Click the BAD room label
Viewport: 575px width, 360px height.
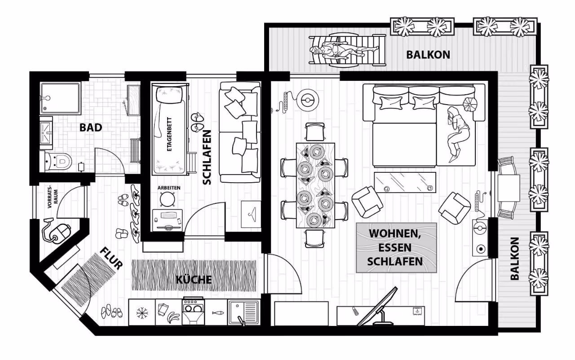91,127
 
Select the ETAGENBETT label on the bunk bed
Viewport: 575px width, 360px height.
169,134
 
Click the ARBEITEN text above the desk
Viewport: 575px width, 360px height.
169,188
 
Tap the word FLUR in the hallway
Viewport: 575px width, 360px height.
111,259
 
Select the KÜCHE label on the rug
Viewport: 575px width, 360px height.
194,280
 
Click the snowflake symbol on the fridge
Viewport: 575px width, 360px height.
142,313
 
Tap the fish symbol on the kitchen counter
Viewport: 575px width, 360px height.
218,313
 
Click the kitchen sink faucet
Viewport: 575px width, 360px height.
241,320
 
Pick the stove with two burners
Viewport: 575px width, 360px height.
193,311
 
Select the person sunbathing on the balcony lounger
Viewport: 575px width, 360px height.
344,51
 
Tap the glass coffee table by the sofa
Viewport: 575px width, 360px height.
405,182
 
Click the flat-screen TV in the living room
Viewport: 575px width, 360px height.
378,307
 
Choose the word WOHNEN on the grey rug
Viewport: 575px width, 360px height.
394,234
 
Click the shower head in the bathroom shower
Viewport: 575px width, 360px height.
47,98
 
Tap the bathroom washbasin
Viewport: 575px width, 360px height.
46,133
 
